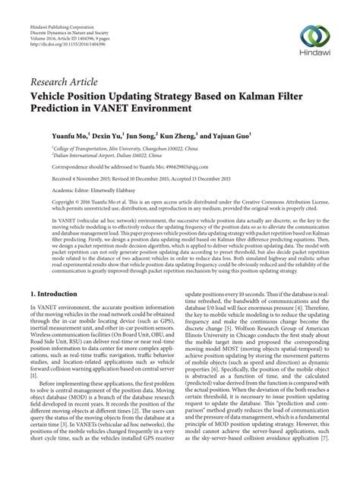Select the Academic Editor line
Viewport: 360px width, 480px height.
click(95, 188)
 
